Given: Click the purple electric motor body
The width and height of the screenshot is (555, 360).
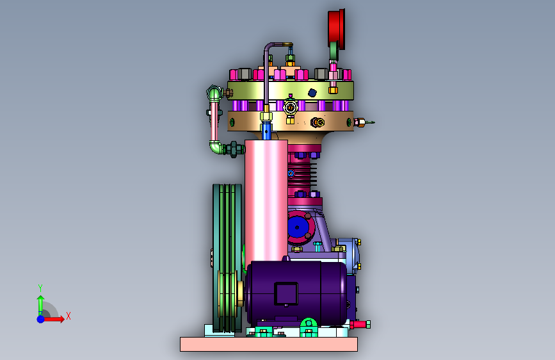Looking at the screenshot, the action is pos(296,293).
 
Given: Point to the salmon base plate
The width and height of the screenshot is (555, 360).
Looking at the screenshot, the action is pos(269,344).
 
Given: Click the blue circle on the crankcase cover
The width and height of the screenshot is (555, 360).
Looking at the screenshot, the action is pos(296,227).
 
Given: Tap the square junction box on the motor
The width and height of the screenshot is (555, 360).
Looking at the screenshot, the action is pos(286,294).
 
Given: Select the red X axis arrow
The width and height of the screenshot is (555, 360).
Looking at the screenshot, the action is pos(54,319).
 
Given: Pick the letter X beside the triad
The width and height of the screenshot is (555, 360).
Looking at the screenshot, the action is pos(68,316).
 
